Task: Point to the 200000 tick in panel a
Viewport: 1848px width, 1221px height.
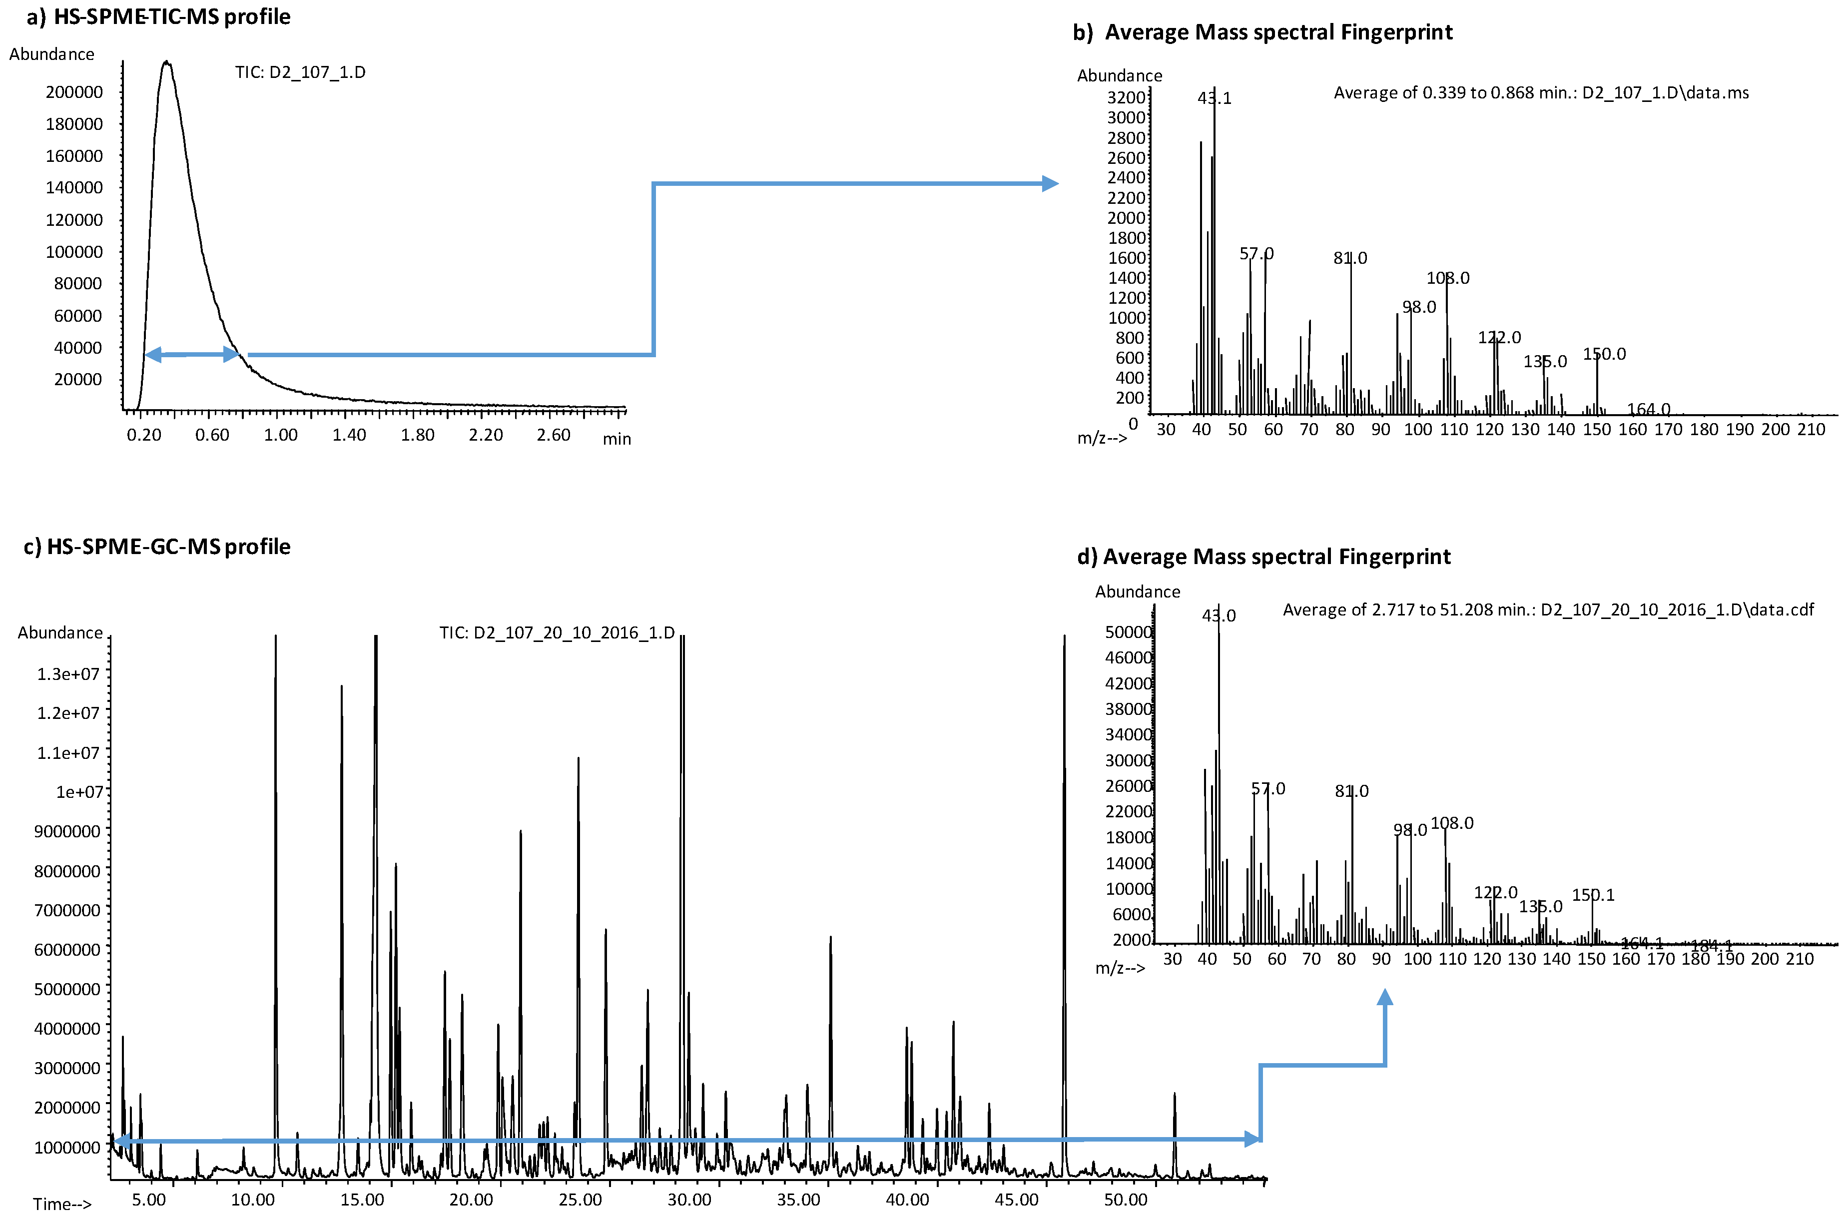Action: coord(74,92)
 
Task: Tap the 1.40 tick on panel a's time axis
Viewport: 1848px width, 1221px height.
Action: coord(349,435)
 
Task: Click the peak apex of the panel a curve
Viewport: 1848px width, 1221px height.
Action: coord(166,62)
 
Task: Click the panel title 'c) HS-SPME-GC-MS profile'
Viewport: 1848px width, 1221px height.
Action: coord(157,547)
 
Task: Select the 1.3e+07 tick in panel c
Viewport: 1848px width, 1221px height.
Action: coord(68,673)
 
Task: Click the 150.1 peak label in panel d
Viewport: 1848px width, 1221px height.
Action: coord(1593,895)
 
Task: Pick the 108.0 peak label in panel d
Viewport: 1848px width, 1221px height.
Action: coord(1452,823)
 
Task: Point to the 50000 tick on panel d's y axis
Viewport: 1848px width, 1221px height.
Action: coord(1128,631)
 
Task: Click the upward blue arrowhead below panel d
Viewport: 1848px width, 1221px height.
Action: coord(1385,998)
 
